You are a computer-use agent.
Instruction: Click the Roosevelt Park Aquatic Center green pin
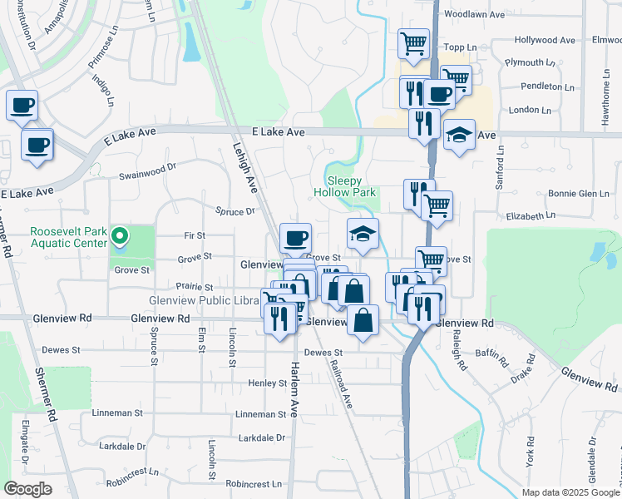coord(120,237)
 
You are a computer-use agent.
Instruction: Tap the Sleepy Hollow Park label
coord(346,185)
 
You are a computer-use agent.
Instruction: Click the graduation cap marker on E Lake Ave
coord(458,135)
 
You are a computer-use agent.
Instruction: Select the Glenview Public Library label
coord(204,300)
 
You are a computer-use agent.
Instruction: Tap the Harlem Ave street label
coord(293,379)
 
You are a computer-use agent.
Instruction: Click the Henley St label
coord(267,383)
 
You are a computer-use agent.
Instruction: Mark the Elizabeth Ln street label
coord(530,215)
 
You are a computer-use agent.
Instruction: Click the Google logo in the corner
coord(27,489)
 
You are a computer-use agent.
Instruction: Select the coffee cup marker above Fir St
coord(295,240)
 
